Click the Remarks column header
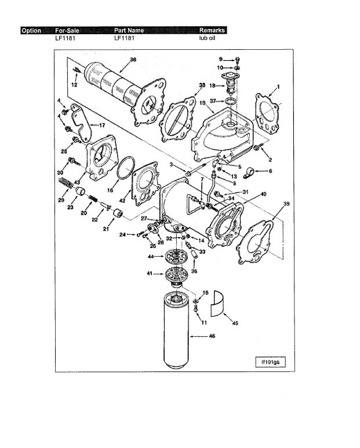pyautogui.click(x=212, y=30)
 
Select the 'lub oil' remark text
pyautogui.click(x=207, y=38)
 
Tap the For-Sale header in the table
pyautogui.click(x=67, y=31)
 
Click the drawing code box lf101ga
pyautogui.click(x=270, y=362)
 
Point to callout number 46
pyautogui.click(x=212, y=336)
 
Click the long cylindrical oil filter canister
pyautogui.click(x=176, y=331)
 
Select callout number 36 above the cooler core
pyautogui.click(x=133, y=60)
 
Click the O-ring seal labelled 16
pyautogui.click(x=126, y=167)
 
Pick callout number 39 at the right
pyautogui.click(x=286, y=203)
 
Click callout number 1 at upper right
pyautogui.click(x=278, y=86)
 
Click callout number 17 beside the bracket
pyautogui.click(x=102, y=125)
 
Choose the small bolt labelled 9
pyautogui.click(x=238, y=60)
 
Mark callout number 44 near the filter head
pyautogui.click(x=151, y=257)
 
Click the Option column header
pyautogui.click(x=31, y=31)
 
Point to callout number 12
pyautogui.click(x=74, y=85)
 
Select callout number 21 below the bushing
pyautogui.click(x=106, y=229)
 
